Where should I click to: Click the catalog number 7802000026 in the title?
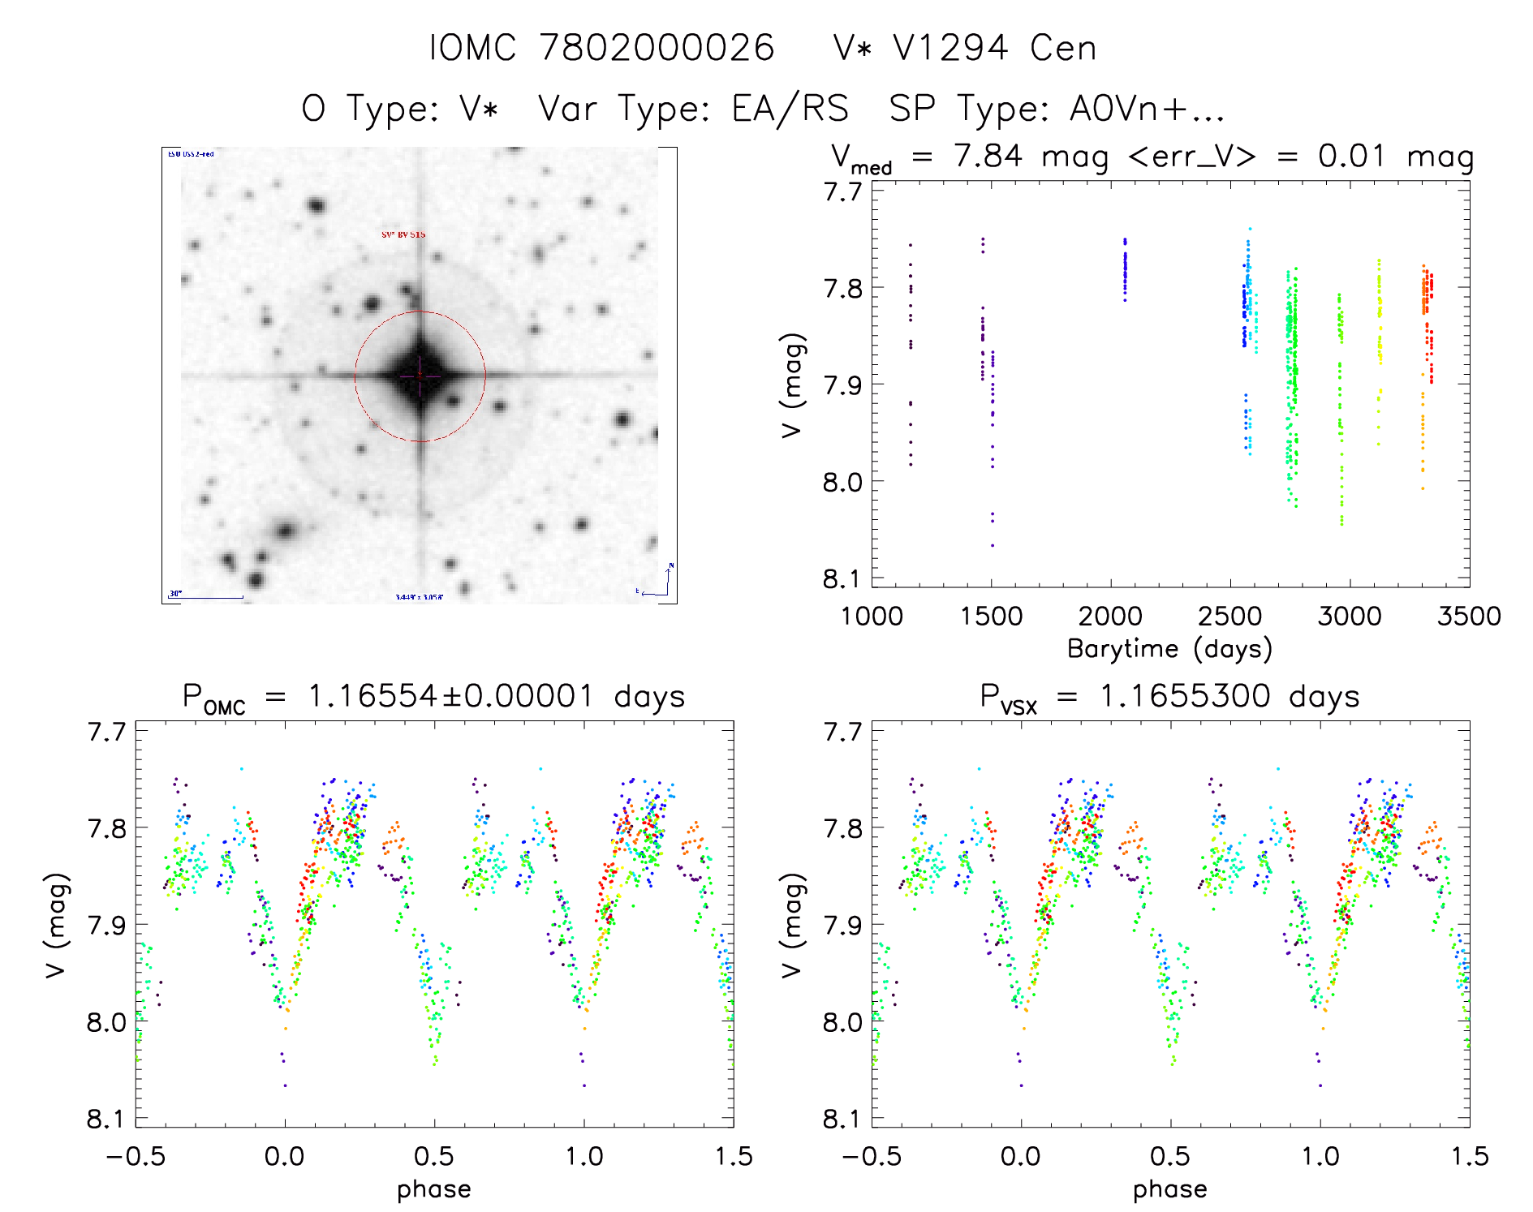click(x=657, y=48)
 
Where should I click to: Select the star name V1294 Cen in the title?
click(x=965, y=48)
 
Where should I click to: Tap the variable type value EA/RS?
click(x=790, y=109)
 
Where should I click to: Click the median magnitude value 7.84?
click(x=988, y=156)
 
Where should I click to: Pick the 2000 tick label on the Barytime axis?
click(x=1110, y=616)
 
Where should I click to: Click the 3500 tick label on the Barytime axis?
click(x=1469, y=616)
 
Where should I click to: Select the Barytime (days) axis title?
click(x=1169, y=648)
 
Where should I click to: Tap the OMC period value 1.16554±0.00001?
click(x=451, y=696)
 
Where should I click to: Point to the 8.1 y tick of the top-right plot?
click(x=842, y=578)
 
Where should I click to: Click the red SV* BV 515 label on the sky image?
click(x=403, y=234)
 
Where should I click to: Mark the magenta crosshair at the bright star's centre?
click(x=420, y=376)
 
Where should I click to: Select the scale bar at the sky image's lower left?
click(x=206, y=597)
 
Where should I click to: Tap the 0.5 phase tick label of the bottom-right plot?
click(x=1170, y=1156)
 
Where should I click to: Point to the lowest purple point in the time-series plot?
click(x=992, y=545)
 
